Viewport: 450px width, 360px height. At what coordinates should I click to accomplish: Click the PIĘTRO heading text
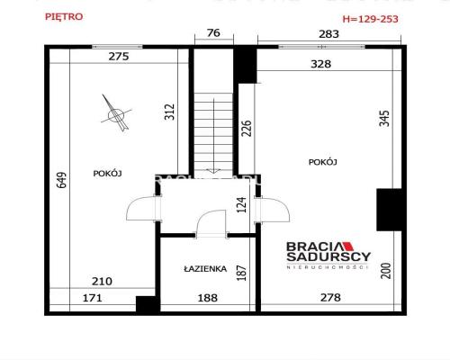pos(63,16)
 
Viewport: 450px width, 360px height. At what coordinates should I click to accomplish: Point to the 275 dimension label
pos(119,56)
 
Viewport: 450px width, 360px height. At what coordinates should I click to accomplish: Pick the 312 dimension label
pos(168,112)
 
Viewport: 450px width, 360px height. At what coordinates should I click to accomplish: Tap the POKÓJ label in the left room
pos(107,172)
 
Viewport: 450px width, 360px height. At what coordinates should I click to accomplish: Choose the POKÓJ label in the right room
pos(322,162)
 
